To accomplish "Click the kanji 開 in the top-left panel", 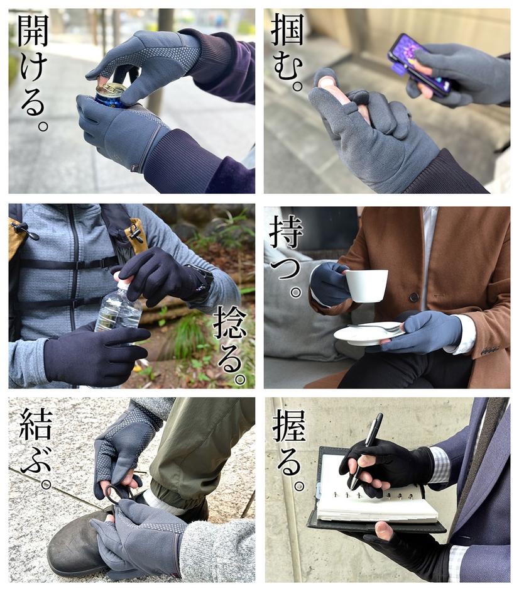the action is pyautogui.click(x=33, y=31).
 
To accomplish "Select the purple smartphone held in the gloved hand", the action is pyautogui.click(x=420, y=65).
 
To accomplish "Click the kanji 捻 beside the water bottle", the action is pyautogui.click(x=230, y=323).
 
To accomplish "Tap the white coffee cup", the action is pyautogui.click(x=365, y=285).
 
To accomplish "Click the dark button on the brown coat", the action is pyautogui.click(x=414, y=297).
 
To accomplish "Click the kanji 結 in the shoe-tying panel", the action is pyautogui.click(x=36, y=425).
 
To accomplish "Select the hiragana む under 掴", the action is pyautogui.click(x=288, y=67).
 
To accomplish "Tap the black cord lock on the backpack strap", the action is pyautogui.click(x=26, y=231).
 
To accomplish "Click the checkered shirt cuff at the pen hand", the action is pyautogui.click(x=440, y=465).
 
